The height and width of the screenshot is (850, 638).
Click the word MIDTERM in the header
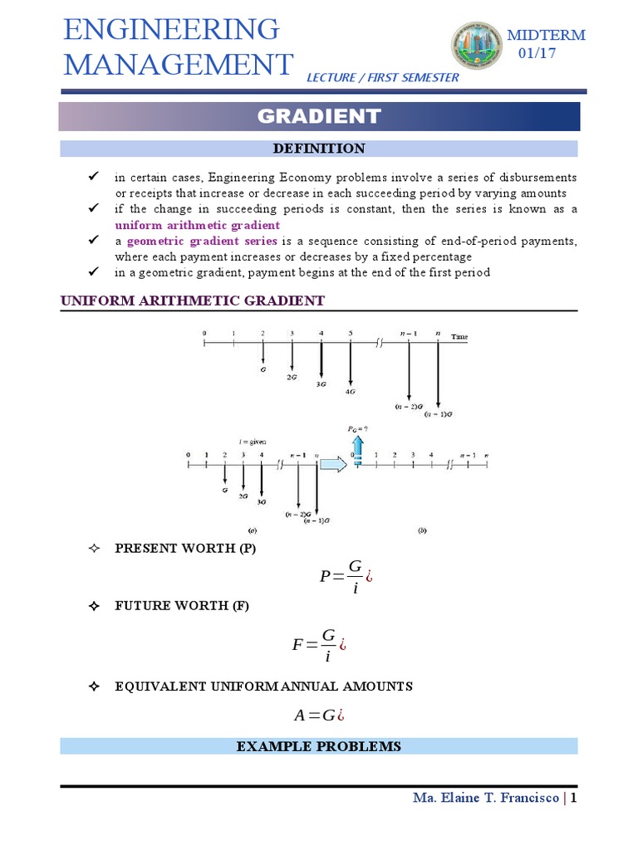point(546,35)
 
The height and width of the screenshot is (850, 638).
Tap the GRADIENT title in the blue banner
point(319,116)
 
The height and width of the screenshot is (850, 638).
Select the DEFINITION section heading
point(319,149)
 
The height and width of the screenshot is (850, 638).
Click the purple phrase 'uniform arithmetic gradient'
point(197,225)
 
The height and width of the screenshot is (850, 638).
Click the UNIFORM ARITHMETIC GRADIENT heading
point(193,300)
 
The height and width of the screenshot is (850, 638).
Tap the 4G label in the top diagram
point(351,391)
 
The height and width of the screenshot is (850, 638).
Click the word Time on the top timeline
point(459,336)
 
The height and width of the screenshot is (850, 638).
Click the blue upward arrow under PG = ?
point(358,448)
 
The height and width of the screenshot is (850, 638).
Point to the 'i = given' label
point(252,442)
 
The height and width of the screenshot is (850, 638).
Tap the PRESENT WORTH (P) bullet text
point(184,549)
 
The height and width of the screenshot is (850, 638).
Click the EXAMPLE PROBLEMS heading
point(319,747)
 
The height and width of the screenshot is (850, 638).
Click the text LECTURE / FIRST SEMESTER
point(382,77)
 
